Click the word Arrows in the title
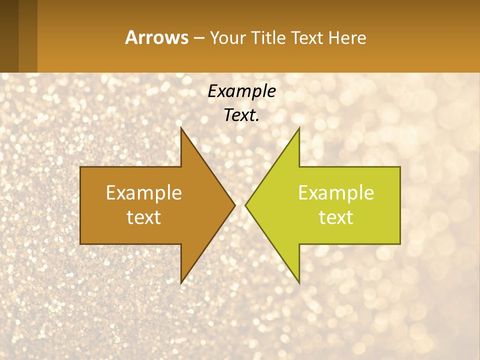156,37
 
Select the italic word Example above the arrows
241,91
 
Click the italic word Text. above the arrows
241,115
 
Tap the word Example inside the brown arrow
144,193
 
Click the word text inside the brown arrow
144,217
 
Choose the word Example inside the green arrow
336,193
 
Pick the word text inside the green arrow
336,217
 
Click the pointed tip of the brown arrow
234,205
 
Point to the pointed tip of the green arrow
246,205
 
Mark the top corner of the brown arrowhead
181,128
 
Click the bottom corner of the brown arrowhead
181,282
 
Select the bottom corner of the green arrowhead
299,282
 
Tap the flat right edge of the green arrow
400,205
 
